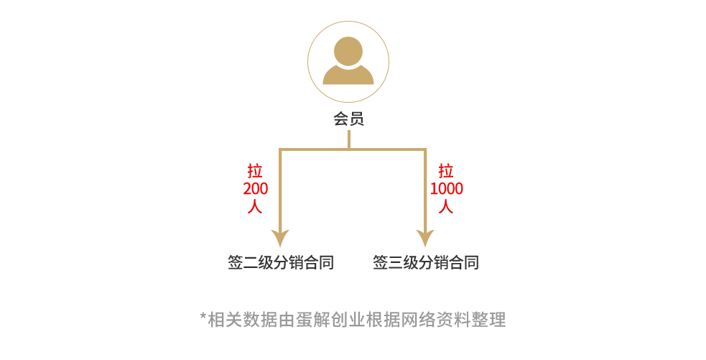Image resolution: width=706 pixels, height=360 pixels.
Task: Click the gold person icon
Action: point(348,61)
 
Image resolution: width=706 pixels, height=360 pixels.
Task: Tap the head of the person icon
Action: point(348,51)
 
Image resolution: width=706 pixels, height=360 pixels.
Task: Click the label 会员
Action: point(348,119)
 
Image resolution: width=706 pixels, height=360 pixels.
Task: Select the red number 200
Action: point(256,189)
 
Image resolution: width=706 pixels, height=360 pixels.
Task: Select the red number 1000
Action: point(447,189)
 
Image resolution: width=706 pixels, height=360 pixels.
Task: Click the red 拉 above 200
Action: point(256,171)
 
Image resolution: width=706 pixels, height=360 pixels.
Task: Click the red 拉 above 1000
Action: point(447,171)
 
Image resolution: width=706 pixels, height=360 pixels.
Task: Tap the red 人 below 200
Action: point(256,207)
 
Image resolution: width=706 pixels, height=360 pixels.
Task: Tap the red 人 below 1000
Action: point(447,207)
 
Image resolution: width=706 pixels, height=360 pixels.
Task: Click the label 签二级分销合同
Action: point(281,262)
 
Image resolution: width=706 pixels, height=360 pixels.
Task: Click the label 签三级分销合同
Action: point(425,262)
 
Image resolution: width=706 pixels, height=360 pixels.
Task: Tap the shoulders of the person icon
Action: point(348,76)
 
